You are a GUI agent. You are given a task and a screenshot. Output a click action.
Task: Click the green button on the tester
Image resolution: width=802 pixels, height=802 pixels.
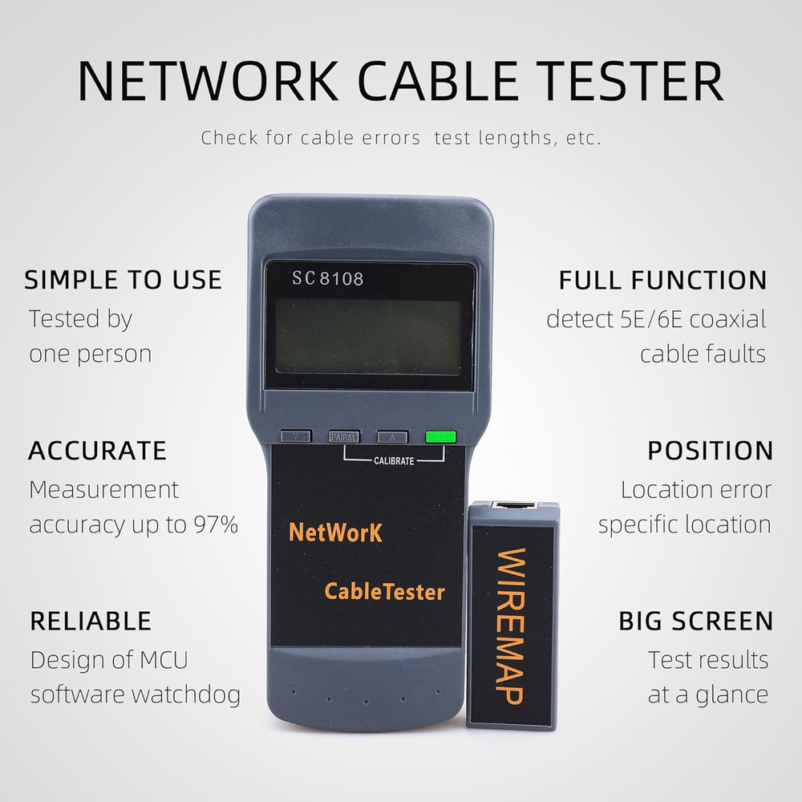click(440, 437)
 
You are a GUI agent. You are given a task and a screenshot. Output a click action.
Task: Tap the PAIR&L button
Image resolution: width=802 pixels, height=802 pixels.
click(344, 437)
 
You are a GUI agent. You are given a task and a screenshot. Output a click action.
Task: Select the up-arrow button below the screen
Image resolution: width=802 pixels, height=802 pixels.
click(392, 437)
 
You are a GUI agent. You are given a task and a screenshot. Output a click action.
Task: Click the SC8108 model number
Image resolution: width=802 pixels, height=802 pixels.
click(327, 279)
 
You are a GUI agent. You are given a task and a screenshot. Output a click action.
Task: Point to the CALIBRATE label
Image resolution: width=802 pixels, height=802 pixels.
click(394, 461)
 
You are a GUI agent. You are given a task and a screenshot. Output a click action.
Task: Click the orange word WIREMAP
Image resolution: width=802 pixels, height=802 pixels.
click(511, 626)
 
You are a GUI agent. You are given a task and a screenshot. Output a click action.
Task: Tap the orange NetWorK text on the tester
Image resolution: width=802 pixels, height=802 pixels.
click(335, 532)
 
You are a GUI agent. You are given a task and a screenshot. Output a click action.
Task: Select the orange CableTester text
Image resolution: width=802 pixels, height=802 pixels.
click(384, 592)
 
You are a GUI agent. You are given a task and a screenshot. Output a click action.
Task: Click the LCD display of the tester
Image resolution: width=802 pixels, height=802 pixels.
click(368, 337)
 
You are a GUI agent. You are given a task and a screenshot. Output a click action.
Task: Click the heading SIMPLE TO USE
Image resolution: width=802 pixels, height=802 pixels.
click(123, 280)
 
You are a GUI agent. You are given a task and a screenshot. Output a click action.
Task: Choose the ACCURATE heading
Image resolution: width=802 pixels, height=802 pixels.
click(97, 451)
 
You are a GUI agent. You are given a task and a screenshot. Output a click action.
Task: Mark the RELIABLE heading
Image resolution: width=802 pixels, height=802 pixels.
click(91, 621)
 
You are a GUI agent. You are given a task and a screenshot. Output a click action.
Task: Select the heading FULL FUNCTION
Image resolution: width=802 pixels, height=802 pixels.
click(662, 280)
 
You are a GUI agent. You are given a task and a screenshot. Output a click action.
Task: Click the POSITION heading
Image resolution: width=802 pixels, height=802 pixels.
click(710, 451)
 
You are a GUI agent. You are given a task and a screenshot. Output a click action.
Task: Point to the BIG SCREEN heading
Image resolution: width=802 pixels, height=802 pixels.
click(695, 621)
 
